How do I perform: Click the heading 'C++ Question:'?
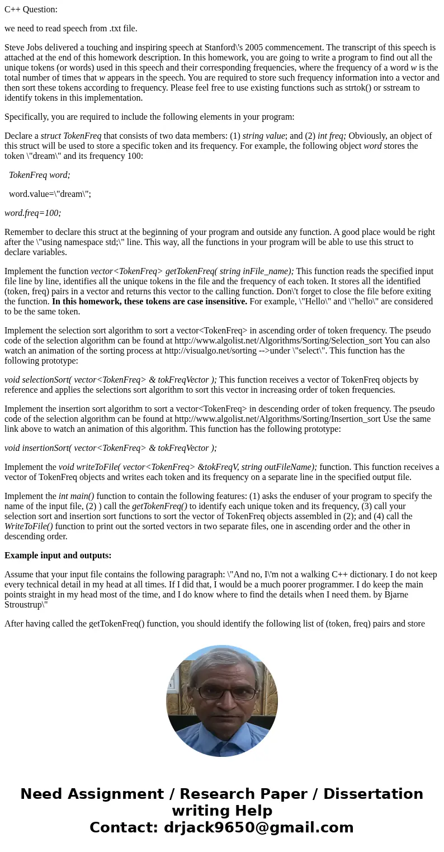click(31, 9)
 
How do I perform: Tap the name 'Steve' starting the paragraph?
click(15, 48)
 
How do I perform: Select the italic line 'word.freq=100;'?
click(32, 213)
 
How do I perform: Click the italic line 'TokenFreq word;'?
click(39, 175)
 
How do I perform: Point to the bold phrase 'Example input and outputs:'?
click(58, 556)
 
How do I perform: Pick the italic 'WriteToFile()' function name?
click(29, 526)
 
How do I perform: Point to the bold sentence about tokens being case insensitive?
click(150, 302)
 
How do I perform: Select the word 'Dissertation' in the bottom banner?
click(373, 794)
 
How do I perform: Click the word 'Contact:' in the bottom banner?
click(124, 827)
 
